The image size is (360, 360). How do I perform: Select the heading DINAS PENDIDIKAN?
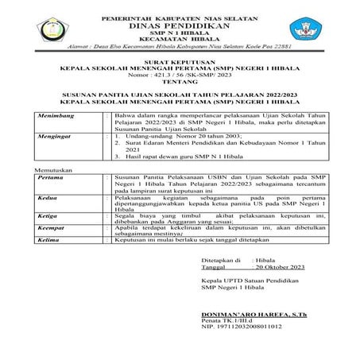coord(180,24)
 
